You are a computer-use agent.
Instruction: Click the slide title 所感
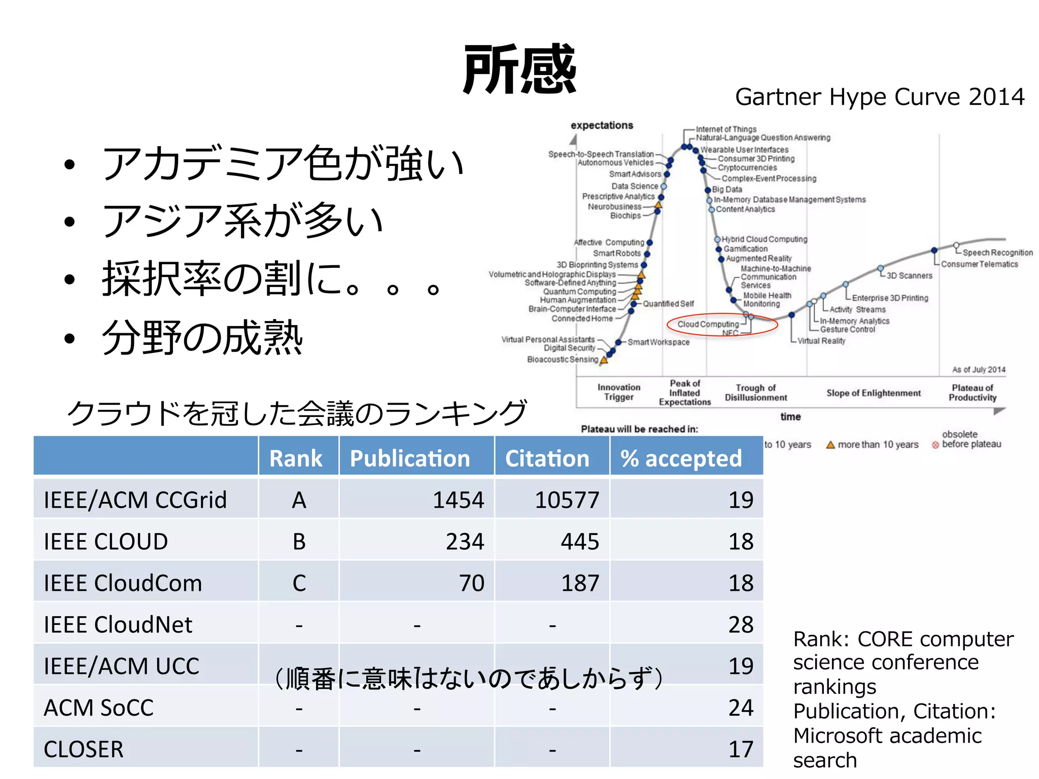519,69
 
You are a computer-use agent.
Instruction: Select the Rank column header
296,458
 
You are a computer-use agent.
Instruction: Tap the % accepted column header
681,458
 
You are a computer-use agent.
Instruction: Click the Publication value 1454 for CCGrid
458,500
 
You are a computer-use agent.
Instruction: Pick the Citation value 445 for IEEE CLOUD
579,542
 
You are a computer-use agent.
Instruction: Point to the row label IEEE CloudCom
123,583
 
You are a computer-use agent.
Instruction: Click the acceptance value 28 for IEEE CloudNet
741,625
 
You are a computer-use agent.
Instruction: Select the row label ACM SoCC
99,708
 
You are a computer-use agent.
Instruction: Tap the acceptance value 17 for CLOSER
741,750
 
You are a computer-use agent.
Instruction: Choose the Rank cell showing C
299,583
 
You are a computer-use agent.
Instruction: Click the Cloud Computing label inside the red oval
708,324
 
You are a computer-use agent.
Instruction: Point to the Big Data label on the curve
727,189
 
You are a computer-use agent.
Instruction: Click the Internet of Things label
726,129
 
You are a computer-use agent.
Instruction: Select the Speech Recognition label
997,253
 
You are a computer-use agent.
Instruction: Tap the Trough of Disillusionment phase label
756,393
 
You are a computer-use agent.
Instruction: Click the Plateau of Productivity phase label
973,393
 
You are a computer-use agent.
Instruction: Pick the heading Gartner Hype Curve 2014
880,97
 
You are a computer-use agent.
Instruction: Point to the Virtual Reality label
821,341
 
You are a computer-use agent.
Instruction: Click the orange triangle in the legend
830,445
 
